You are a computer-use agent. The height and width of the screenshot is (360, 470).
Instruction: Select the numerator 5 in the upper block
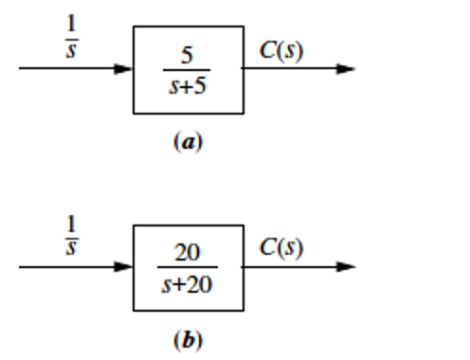click(x=188, y=56)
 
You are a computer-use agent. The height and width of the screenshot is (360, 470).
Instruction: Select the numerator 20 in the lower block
click(x=188, y=253)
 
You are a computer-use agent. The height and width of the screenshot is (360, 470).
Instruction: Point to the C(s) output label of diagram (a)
click(x=282, y=50)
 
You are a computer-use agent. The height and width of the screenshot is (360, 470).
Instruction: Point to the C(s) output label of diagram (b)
click(x=282, y=248)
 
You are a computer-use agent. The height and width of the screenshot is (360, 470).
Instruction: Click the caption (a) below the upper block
click(x=187, y=142)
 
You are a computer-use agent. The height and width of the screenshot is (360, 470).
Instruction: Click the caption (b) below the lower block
click(x=187, y=339)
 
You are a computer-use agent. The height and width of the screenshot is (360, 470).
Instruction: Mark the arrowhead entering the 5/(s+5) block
click(x=123, y=69)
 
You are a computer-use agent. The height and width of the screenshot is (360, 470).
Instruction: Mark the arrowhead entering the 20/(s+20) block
click(x=123, y=267)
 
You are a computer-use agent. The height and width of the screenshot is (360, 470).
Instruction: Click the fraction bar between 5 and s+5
click(x=187, y=69)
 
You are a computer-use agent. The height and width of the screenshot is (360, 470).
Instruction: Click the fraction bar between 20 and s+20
click(x=187, y=267)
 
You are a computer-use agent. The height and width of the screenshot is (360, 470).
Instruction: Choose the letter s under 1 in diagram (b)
click(x=71, y=249)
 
